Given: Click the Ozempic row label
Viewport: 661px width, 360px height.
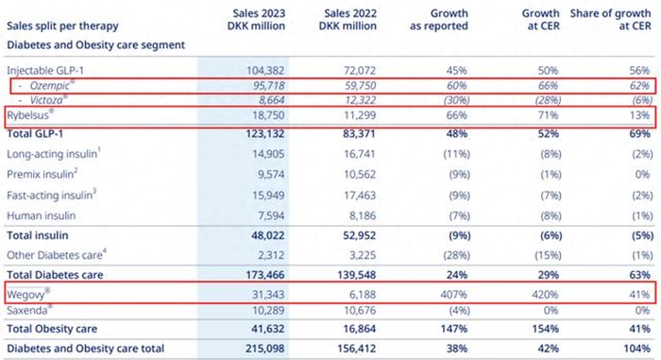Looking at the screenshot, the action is (51, 86).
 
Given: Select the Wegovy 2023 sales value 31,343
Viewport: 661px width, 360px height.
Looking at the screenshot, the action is (268, 295).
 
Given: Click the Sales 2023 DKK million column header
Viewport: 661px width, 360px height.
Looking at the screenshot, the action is (256, 20).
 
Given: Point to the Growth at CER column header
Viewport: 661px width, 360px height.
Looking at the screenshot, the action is (541, 20).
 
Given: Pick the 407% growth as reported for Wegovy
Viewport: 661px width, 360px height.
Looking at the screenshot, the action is (453, 295).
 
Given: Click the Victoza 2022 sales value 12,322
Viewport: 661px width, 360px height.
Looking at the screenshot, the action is (360, 100).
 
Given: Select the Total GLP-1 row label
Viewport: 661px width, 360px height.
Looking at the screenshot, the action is (35, 134).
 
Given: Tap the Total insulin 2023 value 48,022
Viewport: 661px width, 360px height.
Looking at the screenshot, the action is (267, 235).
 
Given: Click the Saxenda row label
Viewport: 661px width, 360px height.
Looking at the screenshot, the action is (29, 311).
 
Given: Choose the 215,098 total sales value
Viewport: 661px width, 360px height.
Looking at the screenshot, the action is (265, 349).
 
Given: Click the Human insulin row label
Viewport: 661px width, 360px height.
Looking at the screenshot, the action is (42, 215).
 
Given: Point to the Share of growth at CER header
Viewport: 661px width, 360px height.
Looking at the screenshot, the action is (610, 20).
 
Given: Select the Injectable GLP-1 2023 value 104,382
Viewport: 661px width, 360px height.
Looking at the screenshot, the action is (265, 71).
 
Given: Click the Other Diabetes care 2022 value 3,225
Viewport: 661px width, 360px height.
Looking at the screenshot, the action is (360, 255).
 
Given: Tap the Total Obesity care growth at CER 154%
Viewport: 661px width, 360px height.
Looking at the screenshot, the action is (546, 329).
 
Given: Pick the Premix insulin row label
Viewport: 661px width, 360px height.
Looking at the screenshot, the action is (42, 174).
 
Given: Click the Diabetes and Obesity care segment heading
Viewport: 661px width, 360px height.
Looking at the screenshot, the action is (96, 44).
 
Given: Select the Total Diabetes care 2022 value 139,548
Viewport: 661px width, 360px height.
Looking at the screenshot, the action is (357, 275).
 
